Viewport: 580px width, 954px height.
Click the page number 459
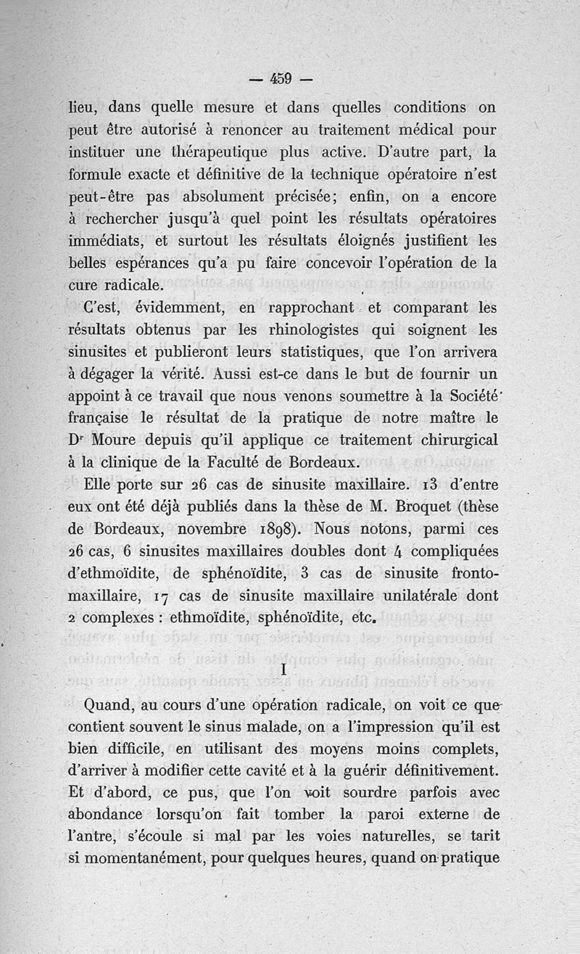[x=280, y=78]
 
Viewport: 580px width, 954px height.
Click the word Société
[x=460, y=397]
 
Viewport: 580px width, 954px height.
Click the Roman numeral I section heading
[x=283, y=671]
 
